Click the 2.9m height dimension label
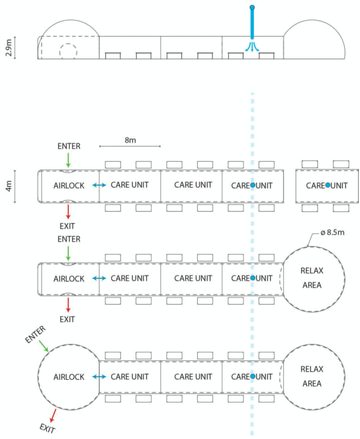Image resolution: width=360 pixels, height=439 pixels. pos(9,48)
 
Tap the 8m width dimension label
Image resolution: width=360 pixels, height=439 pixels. pos(131,140)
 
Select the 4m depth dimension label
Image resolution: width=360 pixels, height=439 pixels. pos(9,186)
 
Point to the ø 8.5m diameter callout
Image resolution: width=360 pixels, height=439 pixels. pos(333,232)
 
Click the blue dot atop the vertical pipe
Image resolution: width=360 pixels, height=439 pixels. pos(252,7)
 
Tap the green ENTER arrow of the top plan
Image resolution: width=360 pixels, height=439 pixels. pos(68,161)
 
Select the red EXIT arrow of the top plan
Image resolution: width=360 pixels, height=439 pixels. pos(68,212)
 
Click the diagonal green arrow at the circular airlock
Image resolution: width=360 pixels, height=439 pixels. pos(43,346)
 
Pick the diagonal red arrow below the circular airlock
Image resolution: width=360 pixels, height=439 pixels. pos(53,415)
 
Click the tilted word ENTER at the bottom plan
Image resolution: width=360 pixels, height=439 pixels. pos(35,334)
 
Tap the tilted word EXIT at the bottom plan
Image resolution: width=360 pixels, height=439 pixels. pos(48,429)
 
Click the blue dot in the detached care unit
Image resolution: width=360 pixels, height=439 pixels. pos(328,185)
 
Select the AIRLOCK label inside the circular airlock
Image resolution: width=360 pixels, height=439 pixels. pos(69,377)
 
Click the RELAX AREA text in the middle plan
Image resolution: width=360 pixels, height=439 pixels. pos(312,278)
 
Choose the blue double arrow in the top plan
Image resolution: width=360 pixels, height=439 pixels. pos(99,185)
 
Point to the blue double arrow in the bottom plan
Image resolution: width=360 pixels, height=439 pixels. pos(99,377)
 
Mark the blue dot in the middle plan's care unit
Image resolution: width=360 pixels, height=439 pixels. pos(253,278)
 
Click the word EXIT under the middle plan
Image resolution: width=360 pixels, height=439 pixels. pos(67,319)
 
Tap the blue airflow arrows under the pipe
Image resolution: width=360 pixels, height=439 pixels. pos(252,46)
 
